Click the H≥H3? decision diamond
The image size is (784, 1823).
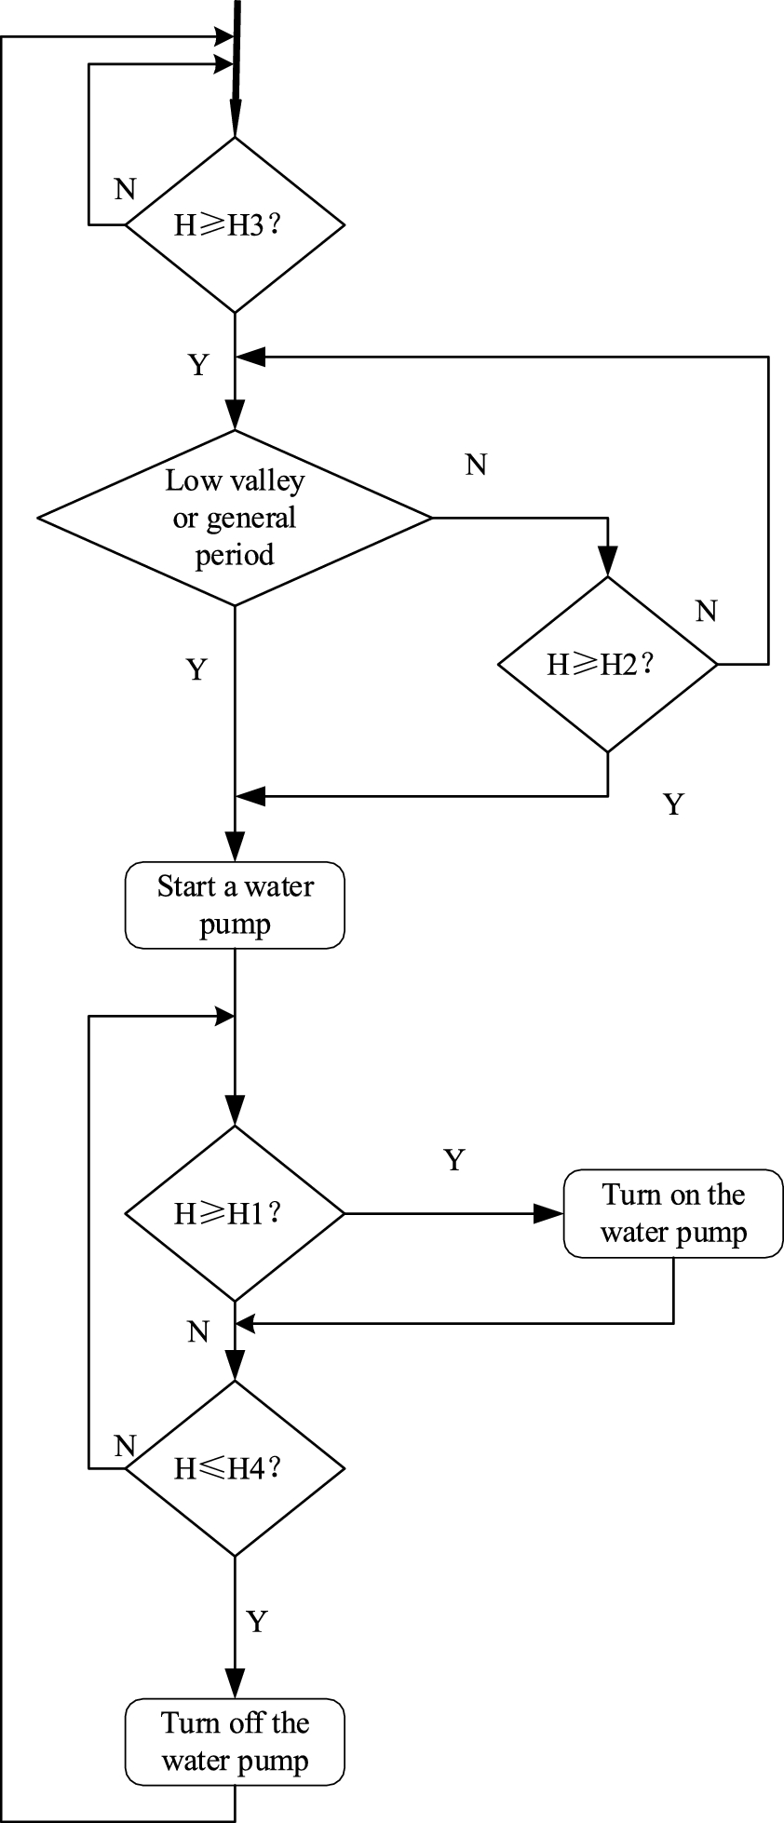coord(235,224)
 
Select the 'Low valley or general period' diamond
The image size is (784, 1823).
coord(235,518)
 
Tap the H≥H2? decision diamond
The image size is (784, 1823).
coord(607,664)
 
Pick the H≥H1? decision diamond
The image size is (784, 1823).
coord(235,1213)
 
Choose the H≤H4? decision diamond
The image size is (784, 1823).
coord(235,1468)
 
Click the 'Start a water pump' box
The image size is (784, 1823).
coord(235,905)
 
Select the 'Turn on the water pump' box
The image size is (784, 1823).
coord(672,1213)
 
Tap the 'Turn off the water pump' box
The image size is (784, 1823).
coord(235,1742)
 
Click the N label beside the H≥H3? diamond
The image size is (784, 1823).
coord(125,190)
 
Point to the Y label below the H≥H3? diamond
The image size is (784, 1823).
coord(198,365)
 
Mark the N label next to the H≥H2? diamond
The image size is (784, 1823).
coord(707,612)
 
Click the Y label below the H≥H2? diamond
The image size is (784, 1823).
coord(673,804)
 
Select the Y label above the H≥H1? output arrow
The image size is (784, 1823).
coord(453,1160)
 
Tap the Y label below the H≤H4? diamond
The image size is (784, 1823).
coord(257,1621)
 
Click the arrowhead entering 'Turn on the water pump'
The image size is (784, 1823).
coord(549,1213)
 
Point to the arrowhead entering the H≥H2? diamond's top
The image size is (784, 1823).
coord(607,562)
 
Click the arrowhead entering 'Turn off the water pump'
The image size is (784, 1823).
coord(235,1685)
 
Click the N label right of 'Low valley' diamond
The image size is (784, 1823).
coord(476,465)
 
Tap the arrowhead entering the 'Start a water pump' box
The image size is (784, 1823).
coord(235,849)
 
